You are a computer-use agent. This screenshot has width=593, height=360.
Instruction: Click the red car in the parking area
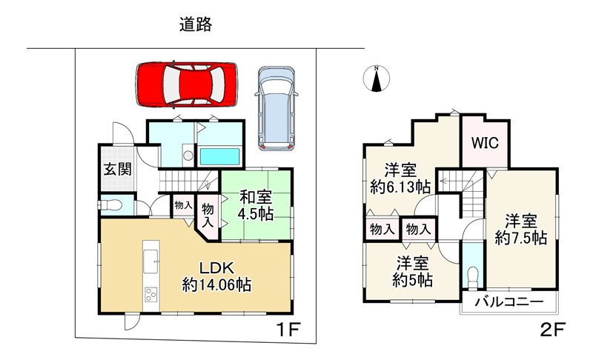click(x=186, y=84)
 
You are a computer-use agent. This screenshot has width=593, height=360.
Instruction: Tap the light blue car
click(x=276, y=109)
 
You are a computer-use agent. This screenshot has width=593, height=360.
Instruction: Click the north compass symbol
click(x=376, y=79)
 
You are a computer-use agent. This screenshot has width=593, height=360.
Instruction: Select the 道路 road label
click(x=196, y=24)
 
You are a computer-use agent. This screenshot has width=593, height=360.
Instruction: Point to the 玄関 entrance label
click(x=118, y=169)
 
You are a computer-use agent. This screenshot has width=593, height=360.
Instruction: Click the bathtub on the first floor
click(x=219, y=156)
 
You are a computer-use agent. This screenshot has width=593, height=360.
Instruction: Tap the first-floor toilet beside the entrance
click(x=110, y=205)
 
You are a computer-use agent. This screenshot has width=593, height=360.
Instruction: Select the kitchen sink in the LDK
click(x=151, y=261)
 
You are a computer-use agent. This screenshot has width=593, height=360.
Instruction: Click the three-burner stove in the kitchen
click(x=151, y=295)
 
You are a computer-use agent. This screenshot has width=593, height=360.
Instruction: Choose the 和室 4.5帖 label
click(x=255, y=205)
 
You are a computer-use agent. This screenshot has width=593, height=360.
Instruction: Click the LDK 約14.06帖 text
click(x=216, y=276)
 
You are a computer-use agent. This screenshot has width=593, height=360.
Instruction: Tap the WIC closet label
click(x=485, y=143)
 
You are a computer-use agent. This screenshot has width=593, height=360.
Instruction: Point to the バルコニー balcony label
click(x=509, y=301)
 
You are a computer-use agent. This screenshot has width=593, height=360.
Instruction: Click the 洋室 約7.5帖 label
click(x=521, y=230)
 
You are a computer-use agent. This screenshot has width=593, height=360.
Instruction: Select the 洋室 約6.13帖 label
click(x=400, y=179)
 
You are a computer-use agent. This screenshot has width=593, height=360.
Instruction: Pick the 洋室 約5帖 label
click(x=412, y=272)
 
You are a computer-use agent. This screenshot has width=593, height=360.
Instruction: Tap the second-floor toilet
click(x=473, y=278)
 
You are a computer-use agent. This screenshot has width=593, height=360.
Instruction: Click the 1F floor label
click(x=288, y=330)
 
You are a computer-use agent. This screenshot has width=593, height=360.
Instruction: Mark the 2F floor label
click(x=552, y=330)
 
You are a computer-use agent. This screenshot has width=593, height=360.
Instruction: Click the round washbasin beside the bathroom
click(x=188, y=156)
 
